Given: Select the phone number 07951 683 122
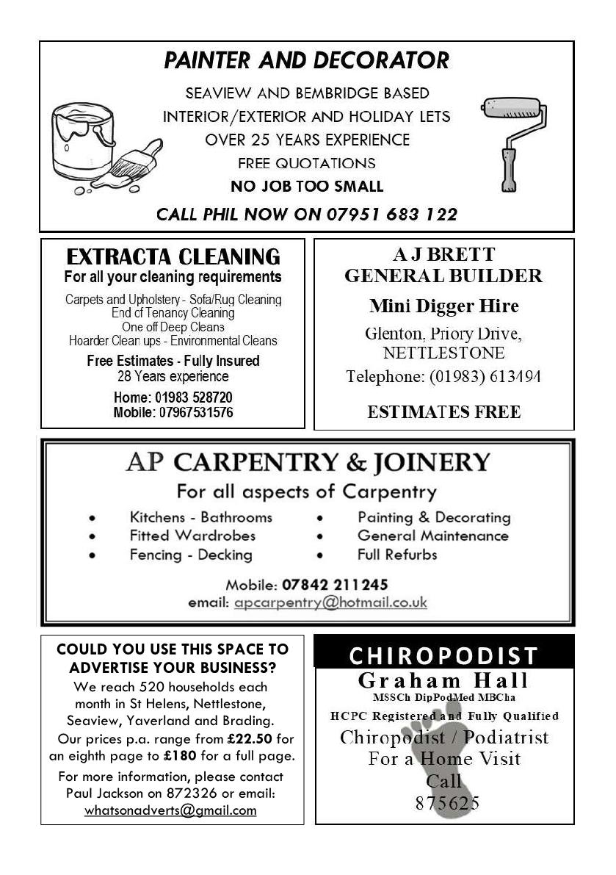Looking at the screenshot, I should coord(389,215).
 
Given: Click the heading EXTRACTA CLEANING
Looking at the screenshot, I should coord(173,257).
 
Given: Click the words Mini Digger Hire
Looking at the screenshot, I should coord(443,306).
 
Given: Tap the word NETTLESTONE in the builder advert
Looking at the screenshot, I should coord(443,353).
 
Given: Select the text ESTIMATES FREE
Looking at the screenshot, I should coord(443,412).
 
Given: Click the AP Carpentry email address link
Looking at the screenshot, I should coord(330,603).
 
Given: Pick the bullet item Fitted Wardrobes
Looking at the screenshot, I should coord(192,536).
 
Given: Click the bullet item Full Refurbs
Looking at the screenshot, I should coord(397,555).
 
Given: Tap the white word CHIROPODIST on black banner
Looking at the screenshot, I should coord(443,655).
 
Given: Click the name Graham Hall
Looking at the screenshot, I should coord(443,680).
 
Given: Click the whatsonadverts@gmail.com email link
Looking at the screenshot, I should coord(170,810).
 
